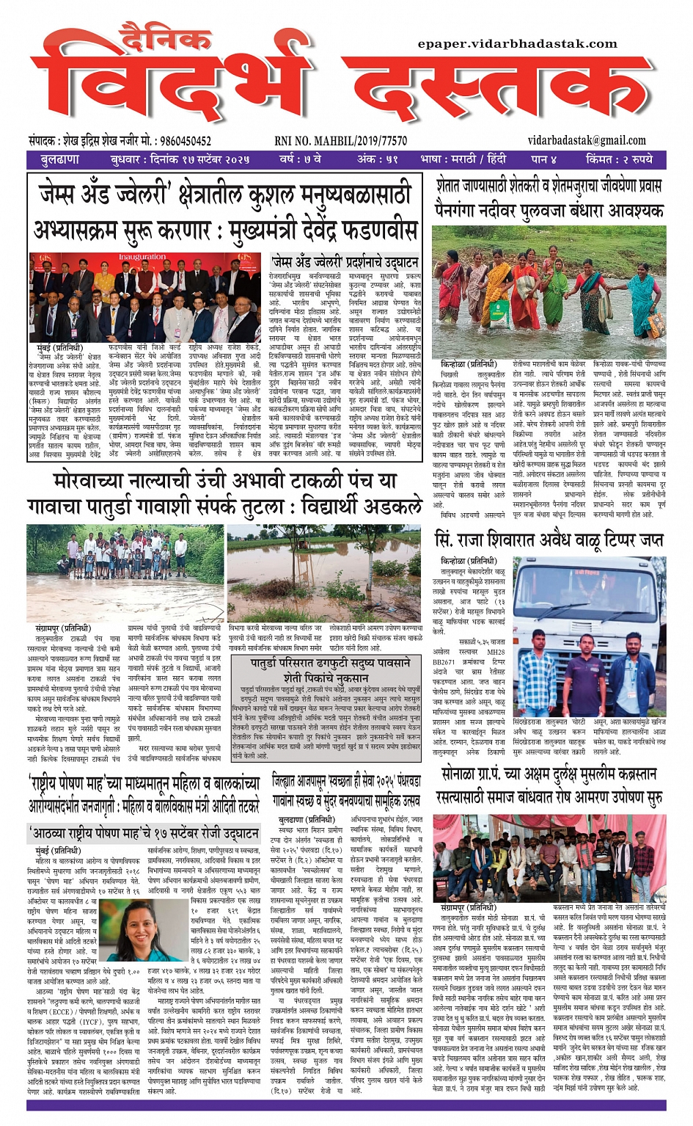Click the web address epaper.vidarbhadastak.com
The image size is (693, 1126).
coord(517,44)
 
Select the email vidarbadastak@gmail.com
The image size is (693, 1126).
coord(587,140)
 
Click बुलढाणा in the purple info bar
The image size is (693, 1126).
coord(60,159)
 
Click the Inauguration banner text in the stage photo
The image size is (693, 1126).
coord(142,258)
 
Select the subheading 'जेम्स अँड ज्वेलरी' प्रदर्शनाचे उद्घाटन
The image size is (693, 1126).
coord(345,262)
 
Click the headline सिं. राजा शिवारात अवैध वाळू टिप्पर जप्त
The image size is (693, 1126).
coord(549,540)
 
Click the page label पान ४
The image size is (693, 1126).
coord(543,159)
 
